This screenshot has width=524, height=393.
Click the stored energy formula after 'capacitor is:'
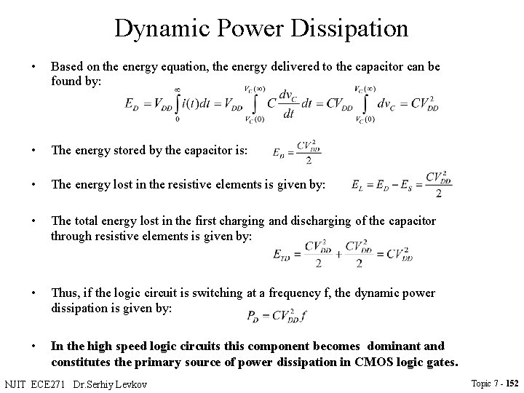(x=296, y=152)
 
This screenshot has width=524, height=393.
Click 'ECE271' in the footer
(x=52, y=382)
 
